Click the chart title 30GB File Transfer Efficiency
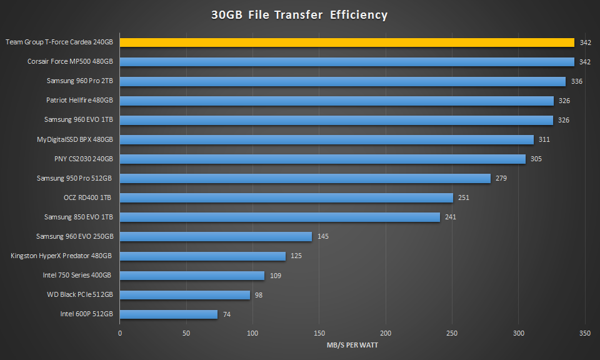(299, 15)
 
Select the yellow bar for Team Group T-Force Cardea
(347, 42)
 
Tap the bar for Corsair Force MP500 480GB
(347, 62)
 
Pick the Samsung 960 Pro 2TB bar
(342, 81)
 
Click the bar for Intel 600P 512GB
(169, 314)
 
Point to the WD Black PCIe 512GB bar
(185, 295)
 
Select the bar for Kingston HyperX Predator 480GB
(202, 256)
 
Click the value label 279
(501, 179)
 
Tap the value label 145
(322, 237)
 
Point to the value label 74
(227, 314)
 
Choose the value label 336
(576, 81)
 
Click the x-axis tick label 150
(319, 334)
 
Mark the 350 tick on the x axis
(585, 334)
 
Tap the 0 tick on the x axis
(120, 334)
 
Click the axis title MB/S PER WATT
(352, 345)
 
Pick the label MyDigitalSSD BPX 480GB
(76, 139)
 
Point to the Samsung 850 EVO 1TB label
(79, 217)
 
